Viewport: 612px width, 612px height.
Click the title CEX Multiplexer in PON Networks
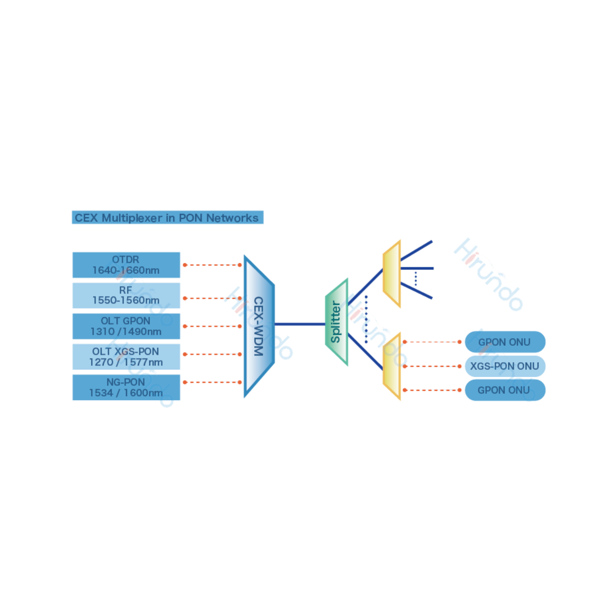pos(167,218)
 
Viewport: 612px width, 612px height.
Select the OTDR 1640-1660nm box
pos(126,265)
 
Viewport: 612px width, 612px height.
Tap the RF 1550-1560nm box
pos(126,295)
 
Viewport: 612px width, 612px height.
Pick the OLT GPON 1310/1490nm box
pos(126,326)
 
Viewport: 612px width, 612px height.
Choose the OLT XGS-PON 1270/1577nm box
pos(126,356)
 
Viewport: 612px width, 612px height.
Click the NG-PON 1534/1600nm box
pos(126,387)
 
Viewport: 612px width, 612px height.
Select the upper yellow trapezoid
pos(392,274)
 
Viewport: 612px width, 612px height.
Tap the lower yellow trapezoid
pos(392,366)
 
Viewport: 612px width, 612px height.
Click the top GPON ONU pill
pos(505,342)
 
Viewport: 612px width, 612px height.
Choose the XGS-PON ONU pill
pos(505,366)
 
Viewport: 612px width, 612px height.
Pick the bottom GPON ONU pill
pos(505,390)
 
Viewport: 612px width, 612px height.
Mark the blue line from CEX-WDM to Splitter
pos(300,324)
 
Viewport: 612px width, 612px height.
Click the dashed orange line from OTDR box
pos(212,265)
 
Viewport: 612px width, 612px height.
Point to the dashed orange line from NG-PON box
pos(212,382)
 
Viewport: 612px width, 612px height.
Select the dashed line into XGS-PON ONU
pos(432,366)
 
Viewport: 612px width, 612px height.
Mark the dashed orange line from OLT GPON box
pos(212,326)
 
